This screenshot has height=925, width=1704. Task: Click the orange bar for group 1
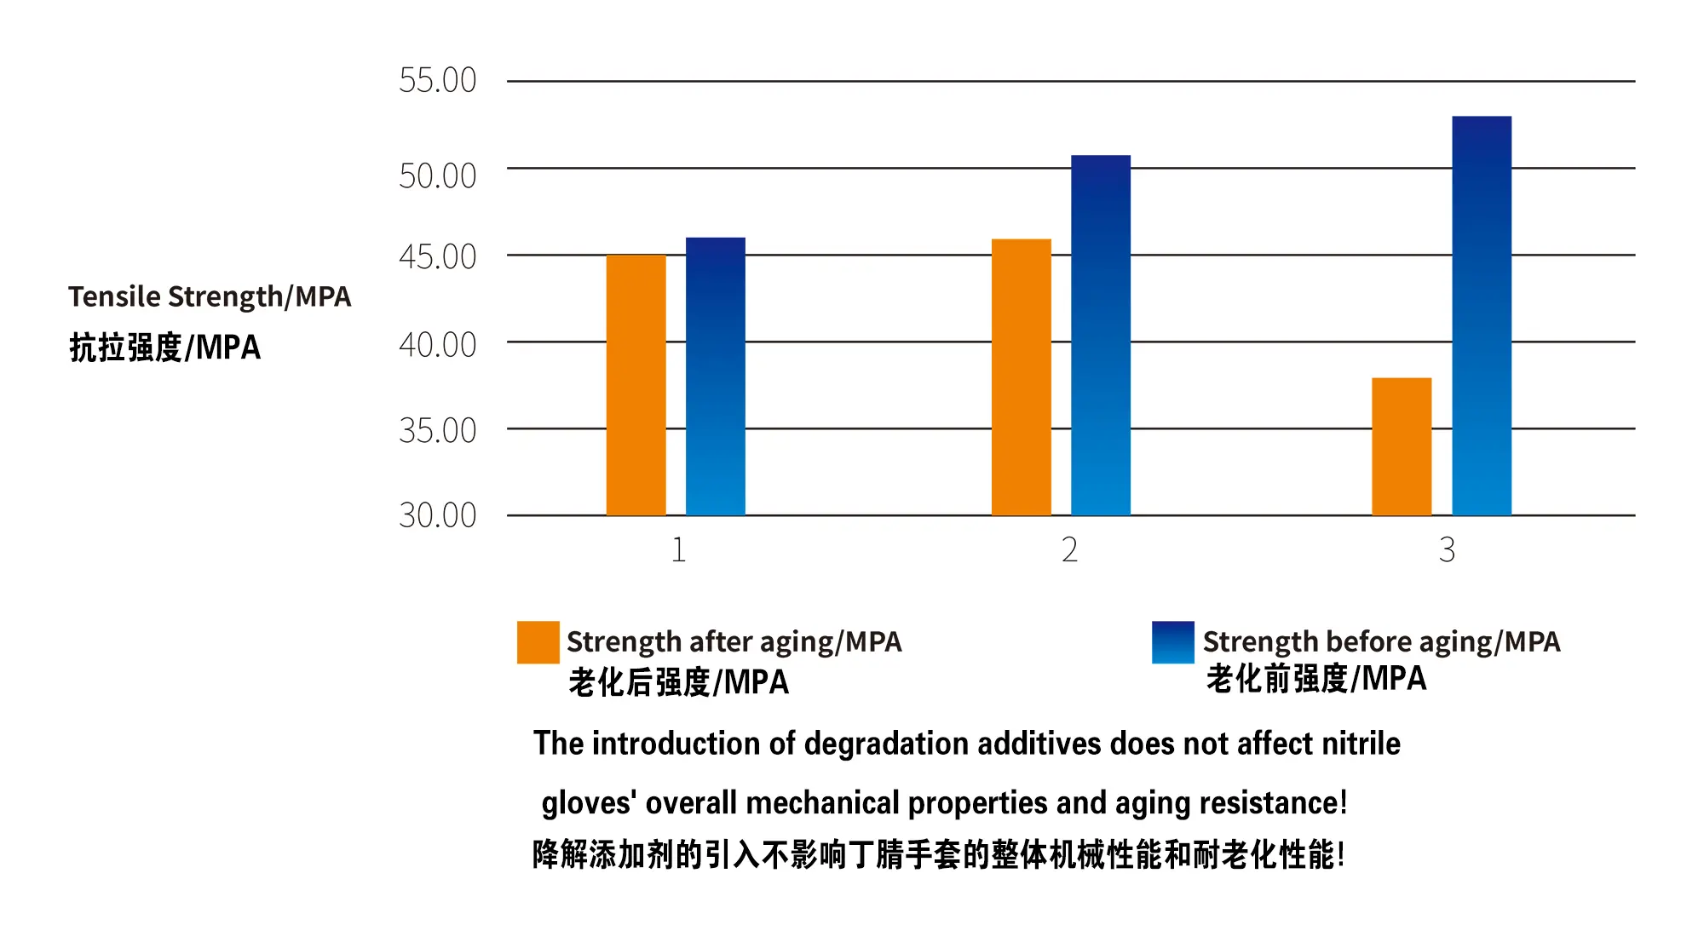pos(636,385)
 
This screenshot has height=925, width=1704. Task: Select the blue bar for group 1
pos(716,376)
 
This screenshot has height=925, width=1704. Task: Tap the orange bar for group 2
pos(1021,377)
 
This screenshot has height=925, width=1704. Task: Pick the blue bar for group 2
pos(1101,336)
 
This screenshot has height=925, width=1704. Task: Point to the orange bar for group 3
pos(1402,446)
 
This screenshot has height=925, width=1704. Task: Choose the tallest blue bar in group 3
pos(1482,316)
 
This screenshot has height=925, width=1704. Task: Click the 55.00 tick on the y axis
pos(437,81)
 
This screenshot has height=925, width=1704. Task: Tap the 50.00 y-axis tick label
pos(437,176)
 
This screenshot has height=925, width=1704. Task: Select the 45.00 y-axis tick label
pos(437,257)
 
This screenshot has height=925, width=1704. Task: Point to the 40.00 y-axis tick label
pos(437,345)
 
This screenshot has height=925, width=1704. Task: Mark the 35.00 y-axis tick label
pos(437,431)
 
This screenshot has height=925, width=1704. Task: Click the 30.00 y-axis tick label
pos(437,515)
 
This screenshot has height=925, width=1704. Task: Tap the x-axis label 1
pos(678,550)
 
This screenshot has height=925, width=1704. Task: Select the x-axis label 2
pos(1069,550)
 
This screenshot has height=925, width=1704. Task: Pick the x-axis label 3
pos(1447,550)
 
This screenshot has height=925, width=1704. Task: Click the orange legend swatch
pos(538,642)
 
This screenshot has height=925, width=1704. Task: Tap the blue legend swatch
pos(1172,642)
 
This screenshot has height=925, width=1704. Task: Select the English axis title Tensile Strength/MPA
pos(210,296)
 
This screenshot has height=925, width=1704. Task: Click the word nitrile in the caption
pos(1361,744)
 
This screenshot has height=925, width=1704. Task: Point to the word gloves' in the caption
pos(589,803)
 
